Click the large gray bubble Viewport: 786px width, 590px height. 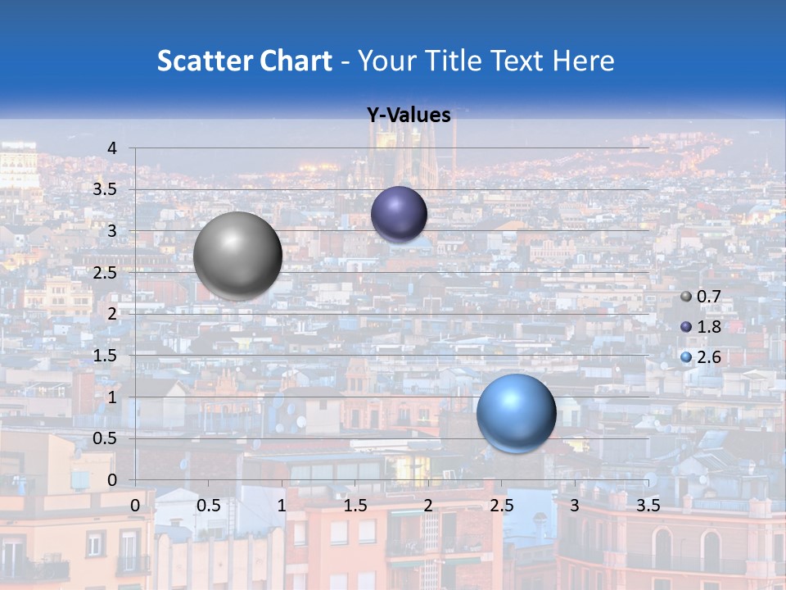click(x=237, y=256)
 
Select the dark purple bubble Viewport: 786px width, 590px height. click(x=399, y=214)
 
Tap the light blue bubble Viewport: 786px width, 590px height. click(x=516, y=413)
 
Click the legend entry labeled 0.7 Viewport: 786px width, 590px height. click(x=701, y=297)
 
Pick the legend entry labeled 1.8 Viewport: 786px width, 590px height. click(x=701, y=327)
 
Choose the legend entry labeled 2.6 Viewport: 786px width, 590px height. click(x=701, y=357)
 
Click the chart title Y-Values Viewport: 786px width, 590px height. click(x=409, y=116)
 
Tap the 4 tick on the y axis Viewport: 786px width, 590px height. click(x=112, y=148)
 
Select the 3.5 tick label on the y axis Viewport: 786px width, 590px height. click(x=105, y=190)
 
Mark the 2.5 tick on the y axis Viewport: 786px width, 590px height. click(x=105, y=273)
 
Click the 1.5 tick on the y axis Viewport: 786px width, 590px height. click(x=105, y=356)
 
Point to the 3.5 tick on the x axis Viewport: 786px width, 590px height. click(x=648, y=506)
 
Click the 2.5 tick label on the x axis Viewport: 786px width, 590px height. click(x=501, y=506)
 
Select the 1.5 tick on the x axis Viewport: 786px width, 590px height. click(x=355, y=506)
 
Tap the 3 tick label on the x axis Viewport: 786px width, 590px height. click(x=574, y=506)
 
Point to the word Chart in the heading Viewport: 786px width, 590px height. click(x=296, y=61)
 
